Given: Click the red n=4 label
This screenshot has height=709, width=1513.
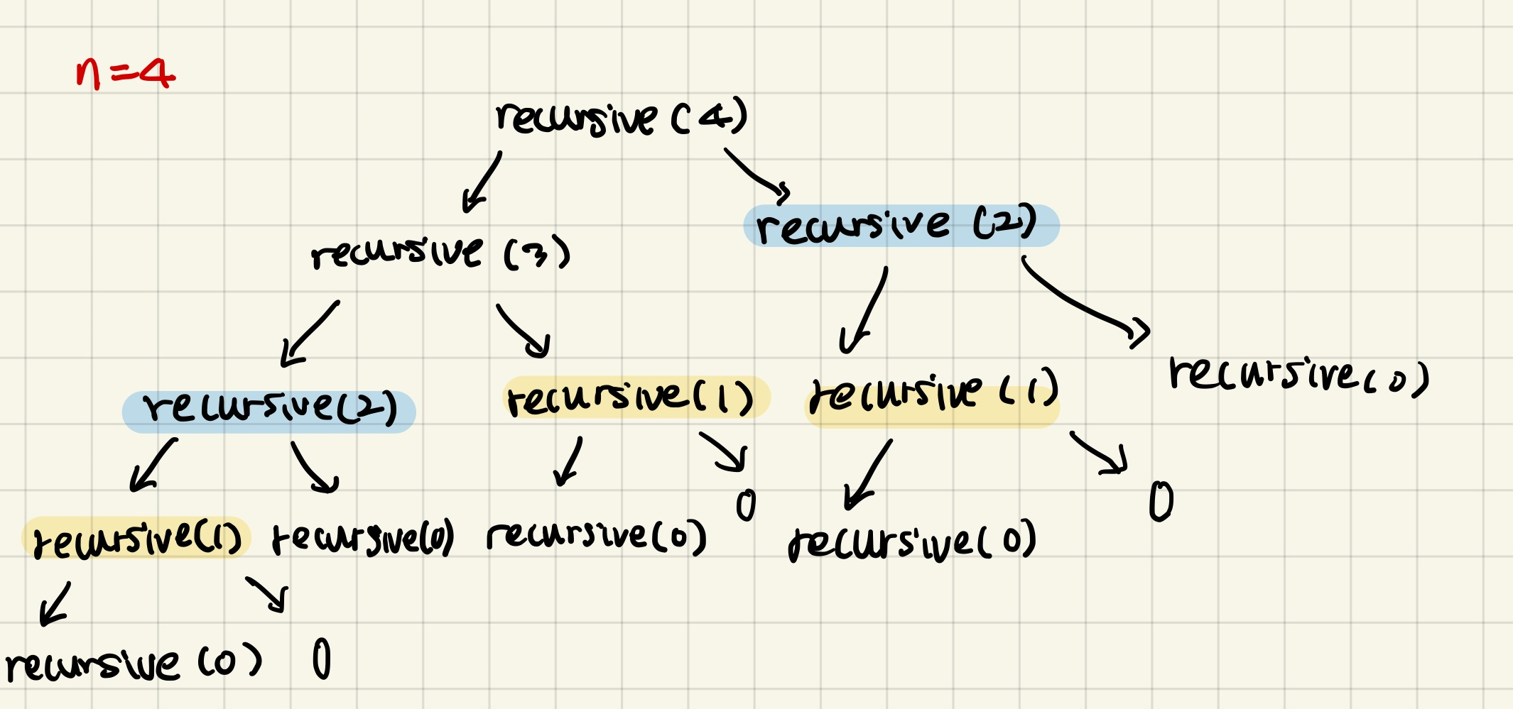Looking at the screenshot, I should point(125,73).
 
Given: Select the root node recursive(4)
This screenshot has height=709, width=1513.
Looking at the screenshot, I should point(622,118).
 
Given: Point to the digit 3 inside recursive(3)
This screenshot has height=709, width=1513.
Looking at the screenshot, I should point(538,253).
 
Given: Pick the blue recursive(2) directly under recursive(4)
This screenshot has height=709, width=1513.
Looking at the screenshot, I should point(901,226).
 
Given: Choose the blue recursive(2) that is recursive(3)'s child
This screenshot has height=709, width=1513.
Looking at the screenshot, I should point(269,410).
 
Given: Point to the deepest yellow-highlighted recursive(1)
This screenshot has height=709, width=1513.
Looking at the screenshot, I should point(137,539).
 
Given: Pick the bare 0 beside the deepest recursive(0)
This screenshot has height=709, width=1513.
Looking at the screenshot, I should point(322,659).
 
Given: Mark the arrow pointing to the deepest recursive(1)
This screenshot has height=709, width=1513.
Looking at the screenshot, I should point(153,466).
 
